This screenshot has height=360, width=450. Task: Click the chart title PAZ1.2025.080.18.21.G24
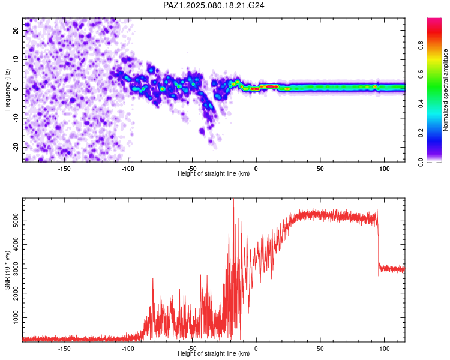[214, 5]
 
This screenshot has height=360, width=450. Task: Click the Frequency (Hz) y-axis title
[7, 90]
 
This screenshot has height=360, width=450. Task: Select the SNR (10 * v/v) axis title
[7, 270]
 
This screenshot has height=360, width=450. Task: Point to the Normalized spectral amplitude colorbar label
[445, 90]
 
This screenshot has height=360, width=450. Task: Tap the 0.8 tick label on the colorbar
[421, 46]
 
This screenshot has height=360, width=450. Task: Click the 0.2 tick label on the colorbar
[421, 133]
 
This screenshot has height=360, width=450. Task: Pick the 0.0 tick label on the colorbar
[421, 162]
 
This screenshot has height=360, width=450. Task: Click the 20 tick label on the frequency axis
[16, 31]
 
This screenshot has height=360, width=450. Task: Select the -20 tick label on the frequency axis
[16, 148]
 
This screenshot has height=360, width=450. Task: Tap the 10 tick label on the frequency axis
[16, 60]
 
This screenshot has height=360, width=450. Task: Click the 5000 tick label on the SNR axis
[16, 220]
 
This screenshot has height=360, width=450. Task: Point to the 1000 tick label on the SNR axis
[16, 317]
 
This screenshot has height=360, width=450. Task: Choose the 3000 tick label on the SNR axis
[16, 269]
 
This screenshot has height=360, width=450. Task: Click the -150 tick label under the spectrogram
[64, 169]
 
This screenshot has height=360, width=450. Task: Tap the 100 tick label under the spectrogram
[384, 169]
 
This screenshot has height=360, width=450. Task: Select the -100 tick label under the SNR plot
[128, 349]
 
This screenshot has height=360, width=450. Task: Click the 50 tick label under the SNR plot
[320, 349]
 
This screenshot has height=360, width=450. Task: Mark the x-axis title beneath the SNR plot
[214, 353]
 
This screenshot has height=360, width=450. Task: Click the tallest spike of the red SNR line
[233, 200]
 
